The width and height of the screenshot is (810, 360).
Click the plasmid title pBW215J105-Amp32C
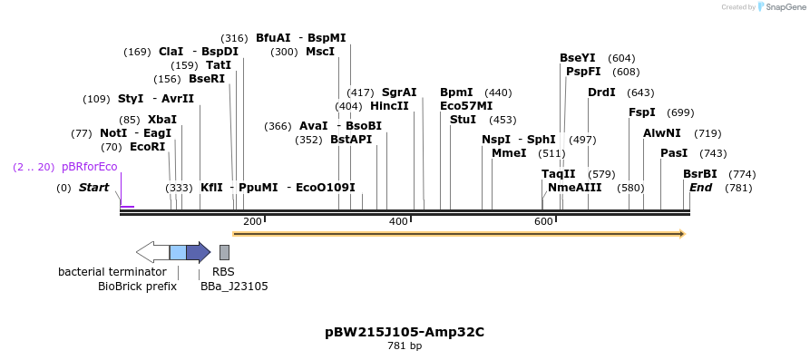[x=405, y=332]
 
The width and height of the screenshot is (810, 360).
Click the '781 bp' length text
[x=405, y=346]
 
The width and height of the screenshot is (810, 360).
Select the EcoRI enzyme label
[x=147, y=147]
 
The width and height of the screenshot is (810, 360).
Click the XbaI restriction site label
[x=161, y=120]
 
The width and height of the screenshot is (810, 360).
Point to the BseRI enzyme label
[x=206, y=79]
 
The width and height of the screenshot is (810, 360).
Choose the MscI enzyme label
[x=319, y=52]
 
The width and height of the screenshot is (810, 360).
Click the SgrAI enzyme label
[x=399, y=92]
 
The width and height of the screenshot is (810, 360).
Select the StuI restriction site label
[x=463, y=120]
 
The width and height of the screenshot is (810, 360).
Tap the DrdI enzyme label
[x=601, y=92]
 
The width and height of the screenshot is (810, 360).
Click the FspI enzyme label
[x=642, y=112]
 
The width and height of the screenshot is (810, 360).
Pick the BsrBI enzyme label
[x=699, y=174]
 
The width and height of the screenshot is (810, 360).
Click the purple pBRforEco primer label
[x=89, y=167]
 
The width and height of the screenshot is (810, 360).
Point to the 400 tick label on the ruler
[x=398, y=221]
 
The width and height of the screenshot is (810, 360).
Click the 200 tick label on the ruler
[x=252, y=221]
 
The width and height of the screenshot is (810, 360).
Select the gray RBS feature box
[x=224, y=252]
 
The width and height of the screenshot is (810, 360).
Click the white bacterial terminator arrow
[x=152, y=252]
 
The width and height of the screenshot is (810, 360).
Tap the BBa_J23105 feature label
[x=234, y=287]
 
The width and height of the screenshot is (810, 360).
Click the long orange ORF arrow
[x=458, y=234]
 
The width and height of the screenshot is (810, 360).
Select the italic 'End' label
[x=700, y=188]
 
